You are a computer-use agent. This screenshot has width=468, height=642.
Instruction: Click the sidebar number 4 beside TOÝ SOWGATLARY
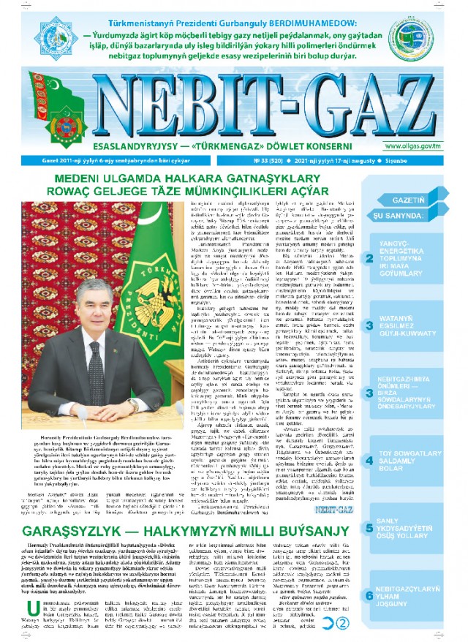tap(370, 439)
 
